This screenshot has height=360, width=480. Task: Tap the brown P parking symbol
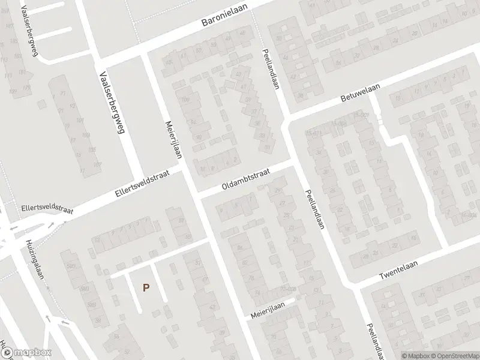pos(145,288)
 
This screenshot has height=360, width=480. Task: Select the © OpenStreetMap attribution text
pos(452,356)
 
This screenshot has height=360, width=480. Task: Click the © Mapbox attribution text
pos(415,356)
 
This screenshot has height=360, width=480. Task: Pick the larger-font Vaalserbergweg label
pos(111,103)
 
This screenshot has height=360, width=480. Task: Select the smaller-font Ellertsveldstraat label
pos(46,208)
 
